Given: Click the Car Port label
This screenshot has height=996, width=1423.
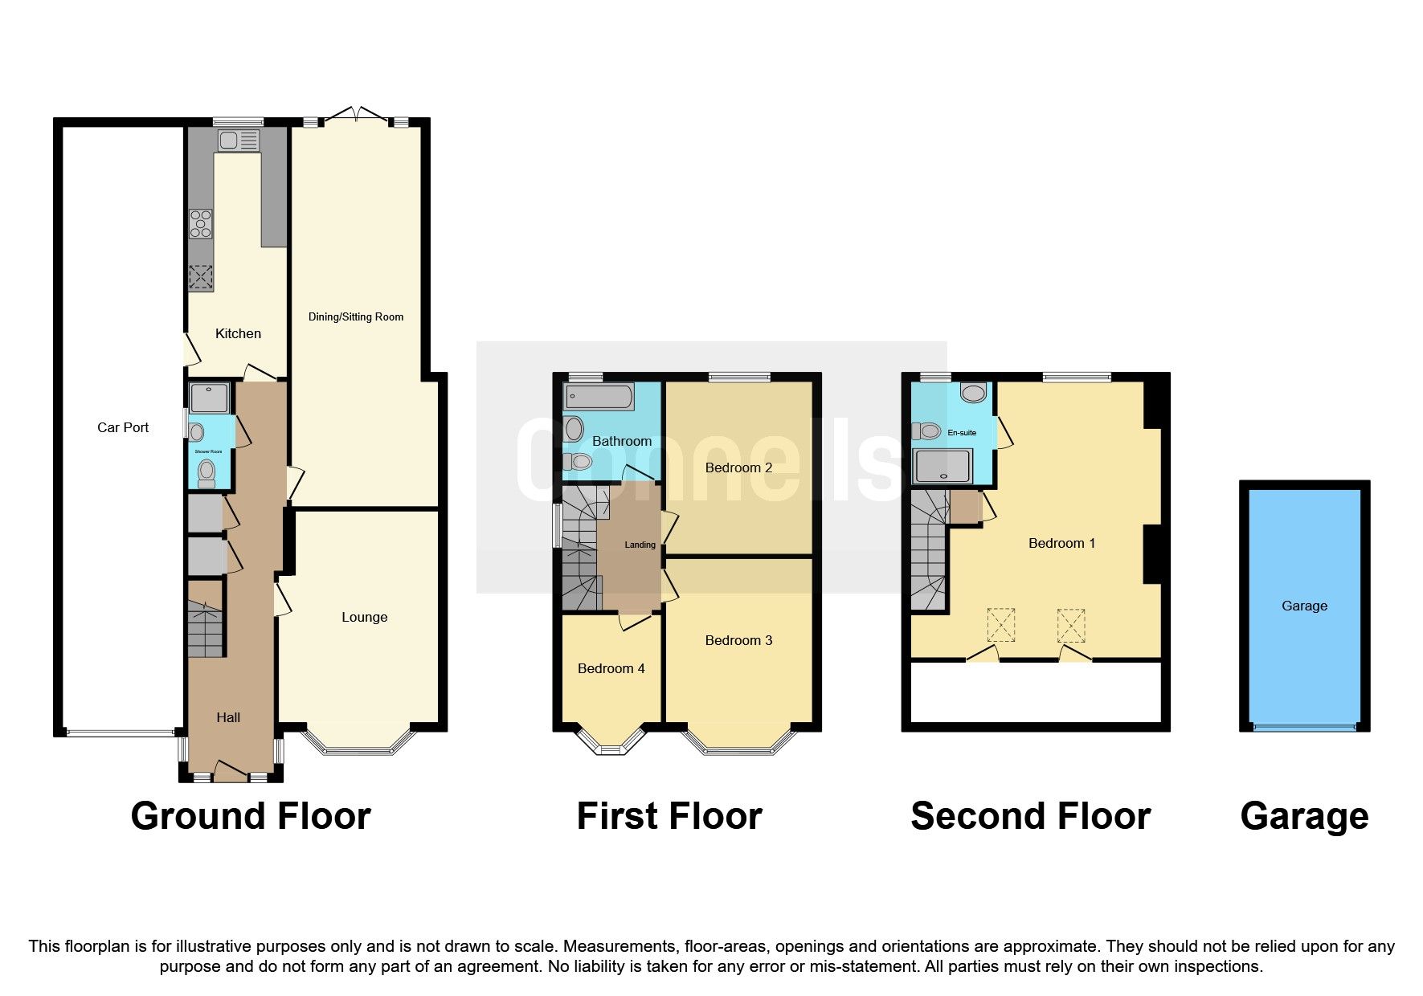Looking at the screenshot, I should point(123,427).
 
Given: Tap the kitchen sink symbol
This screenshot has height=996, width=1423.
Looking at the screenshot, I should point(239,141).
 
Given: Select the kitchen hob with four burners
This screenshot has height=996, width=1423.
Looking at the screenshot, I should point(201,224).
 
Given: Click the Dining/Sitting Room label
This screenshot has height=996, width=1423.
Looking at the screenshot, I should point(356,316).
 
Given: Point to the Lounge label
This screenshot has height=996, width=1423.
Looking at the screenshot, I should point(364,617).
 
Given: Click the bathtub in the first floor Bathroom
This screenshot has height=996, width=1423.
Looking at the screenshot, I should point(599,396).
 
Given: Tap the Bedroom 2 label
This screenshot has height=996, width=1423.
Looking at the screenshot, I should point(738,467).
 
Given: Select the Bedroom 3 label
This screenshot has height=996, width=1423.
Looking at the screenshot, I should point(738,640).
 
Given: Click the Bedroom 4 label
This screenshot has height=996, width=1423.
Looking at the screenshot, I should point(611,668).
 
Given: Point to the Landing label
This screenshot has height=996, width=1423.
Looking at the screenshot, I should point(640,545).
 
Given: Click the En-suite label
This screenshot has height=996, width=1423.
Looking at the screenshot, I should point(962,433).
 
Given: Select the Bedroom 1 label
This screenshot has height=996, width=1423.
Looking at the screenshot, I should point(1061,543).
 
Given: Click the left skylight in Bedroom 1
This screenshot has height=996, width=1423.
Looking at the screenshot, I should point(1000,625).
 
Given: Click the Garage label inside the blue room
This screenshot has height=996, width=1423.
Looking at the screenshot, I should point(1304,606).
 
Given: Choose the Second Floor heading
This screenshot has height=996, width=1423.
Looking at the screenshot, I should point(1030,816).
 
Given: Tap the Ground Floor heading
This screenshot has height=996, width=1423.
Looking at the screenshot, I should point(250,816).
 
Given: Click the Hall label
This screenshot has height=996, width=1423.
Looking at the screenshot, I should point(228,717).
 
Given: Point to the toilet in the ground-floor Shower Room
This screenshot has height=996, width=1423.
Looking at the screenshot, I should point(207,472).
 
